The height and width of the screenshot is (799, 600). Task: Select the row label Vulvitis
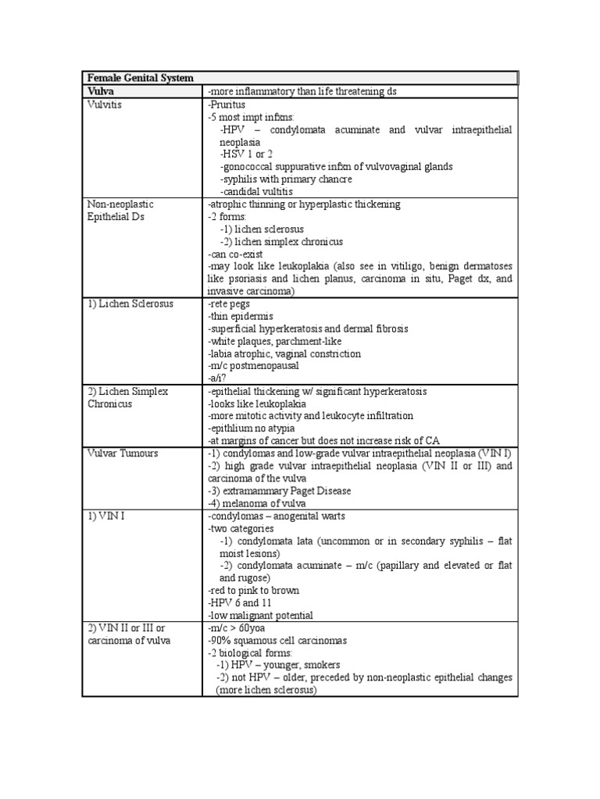coord(106,104)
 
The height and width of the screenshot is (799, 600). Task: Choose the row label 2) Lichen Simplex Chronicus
coord(127,397)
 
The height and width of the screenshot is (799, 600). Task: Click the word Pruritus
coord(227,104)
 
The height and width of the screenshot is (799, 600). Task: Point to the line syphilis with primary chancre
coord(286,179)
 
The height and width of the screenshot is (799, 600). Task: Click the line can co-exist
coord(236,254)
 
